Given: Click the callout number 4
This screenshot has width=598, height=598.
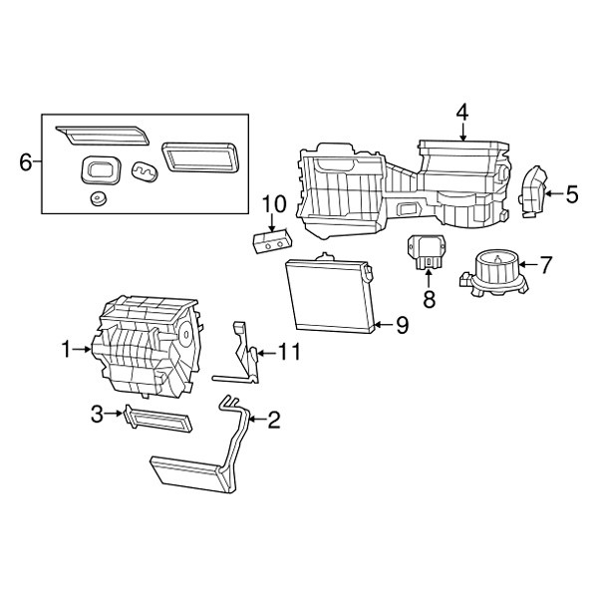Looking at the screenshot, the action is pos(462,114).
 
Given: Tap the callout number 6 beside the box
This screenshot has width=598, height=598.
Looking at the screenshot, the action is pos(26,162).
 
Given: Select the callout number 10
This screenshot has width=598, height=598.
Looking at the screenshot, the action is pos(274,204).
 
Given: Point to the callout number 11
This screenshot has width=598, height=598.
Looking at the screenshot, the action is pos(289,352).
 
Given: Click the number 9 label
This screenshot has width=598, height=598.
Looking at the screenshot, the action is pos(402,325).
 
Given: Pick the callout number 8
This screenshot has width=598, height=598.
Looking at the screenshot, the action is pos(429,299).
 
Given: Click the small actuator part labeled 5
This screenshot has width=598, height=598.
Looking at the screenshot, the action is pos(532,191).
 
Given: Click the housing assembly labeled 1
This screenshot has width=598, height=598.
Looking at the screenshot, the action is pos(149,347).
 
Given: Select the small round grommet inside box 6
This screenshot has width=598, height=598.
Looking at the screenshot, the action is pos(98,198).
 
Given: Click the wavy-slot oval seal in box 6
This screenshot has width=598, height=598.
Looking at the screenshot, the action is pos(145,172).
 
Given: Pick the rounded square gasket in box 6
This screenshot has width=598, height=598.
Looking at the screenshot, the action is pos(101,170).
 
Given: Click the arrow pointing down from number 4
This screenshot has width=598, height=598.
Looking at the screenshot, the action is pos(462,133).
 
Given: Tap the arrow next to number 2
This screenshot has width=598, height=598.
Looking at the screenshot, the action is pos(258,420).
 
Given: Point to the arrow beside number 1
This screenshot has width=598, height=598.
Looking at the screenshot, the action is pos(82,349).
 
